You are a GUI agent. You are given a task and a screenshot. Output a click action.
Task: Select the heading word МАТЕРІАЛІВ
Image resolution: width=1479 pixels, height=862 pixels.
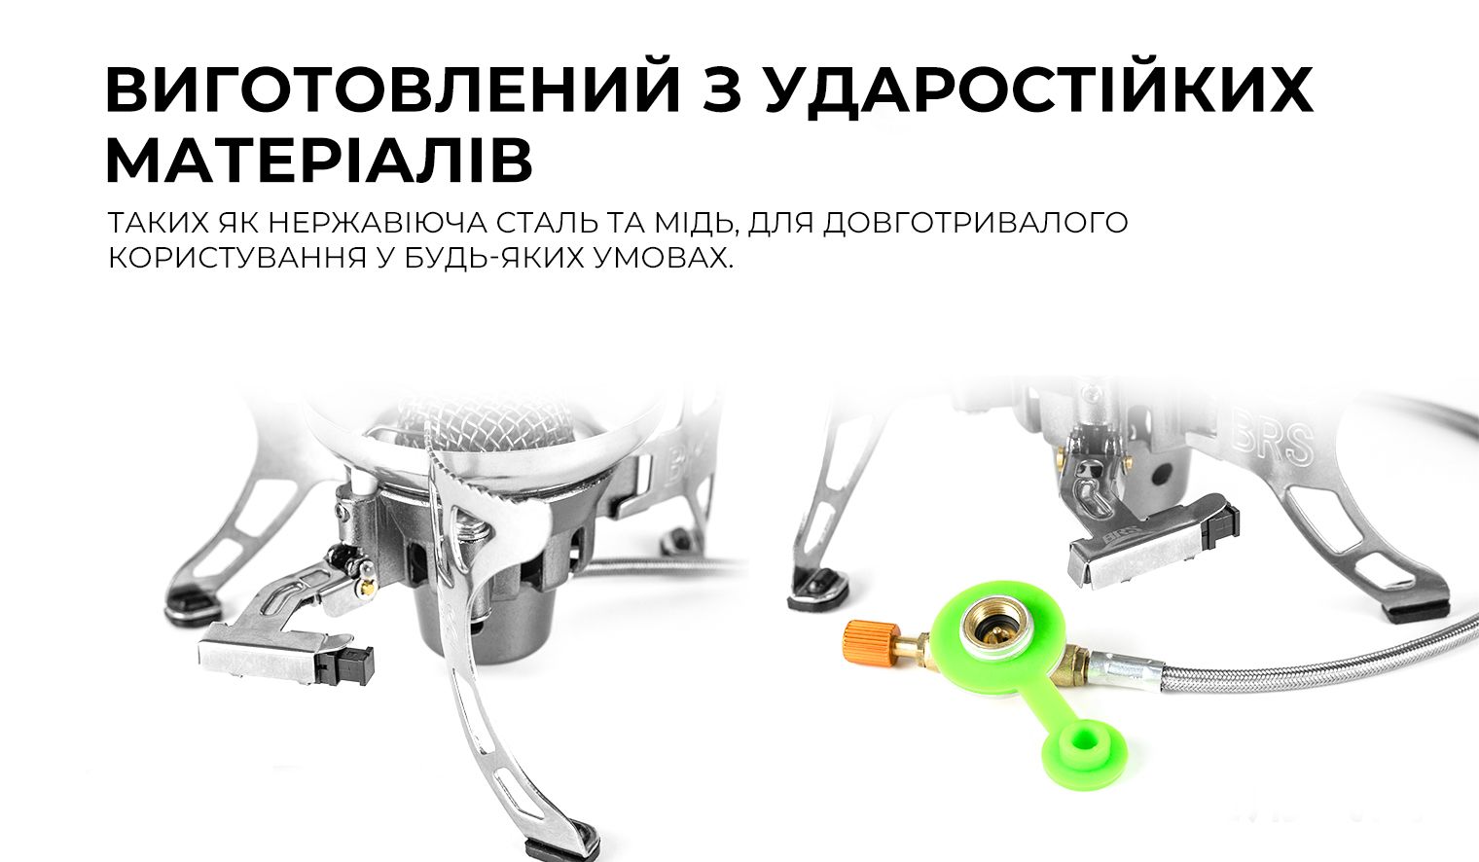point(318,161)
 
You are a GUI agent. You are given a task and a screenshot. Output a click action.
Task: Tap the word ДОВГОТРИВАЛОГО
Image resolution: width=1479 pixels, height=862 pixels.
point(976,223)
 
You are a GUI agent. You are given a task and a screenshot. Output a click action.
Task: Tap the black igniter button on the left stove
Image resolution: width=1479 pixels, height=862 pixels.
point(352,664)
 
